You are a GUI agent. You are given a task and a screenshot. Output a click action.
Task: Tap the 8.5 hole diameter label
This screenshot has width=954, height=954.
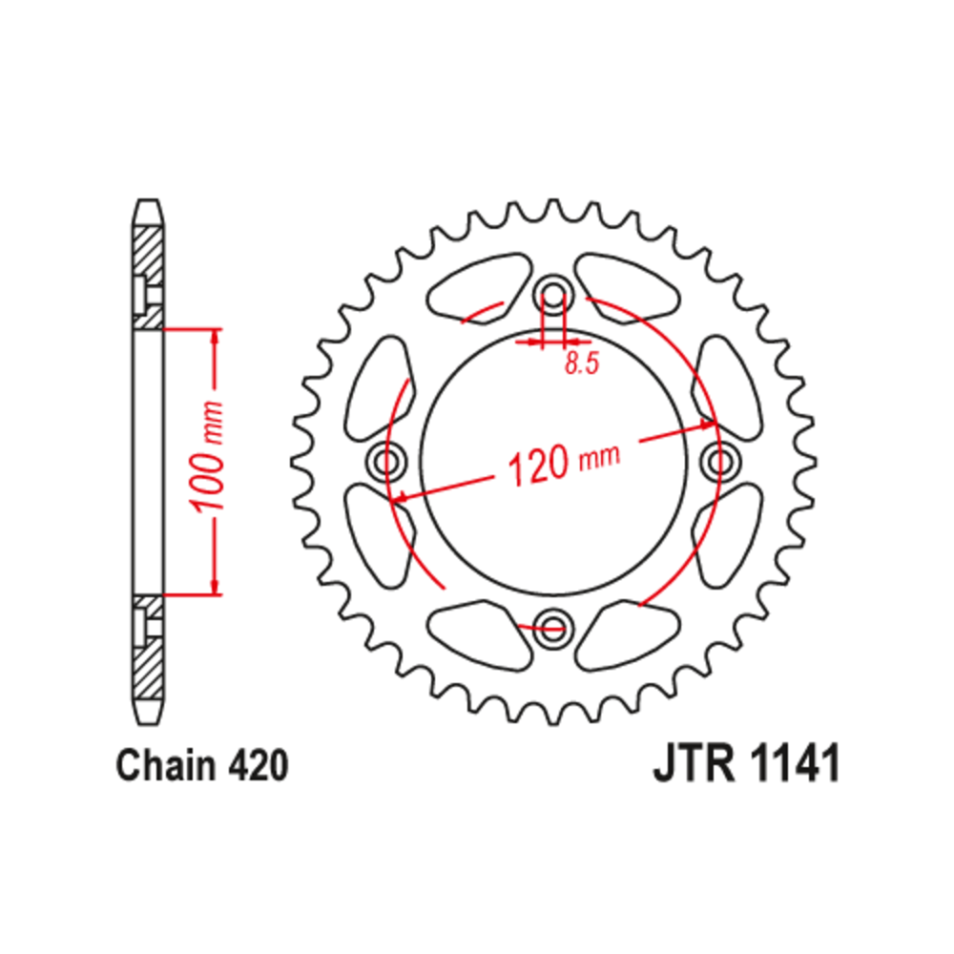point(580,363)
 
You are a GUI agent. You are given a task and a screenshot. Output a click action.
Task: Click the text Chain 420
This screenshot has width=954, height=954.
point(201,766)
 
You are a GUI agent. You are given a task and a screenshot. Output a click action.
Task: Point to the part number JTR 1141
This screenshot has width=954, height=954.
point(747,766)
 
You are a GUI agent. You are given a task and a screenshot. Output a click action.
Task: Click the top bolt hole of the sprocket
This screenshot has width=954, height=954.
point(552,290)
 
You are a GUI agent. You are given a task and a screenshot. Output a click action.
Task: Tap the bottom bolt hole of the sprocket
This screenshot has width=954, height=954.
point(552,627)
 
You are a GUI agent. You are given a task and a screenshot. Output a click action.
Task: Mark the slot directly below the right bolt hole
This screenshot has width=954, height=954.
point(727,534)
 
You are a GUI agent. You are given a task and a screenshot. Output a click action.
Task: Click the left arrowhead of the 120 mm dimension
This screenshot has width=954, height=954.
point(401,497)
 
